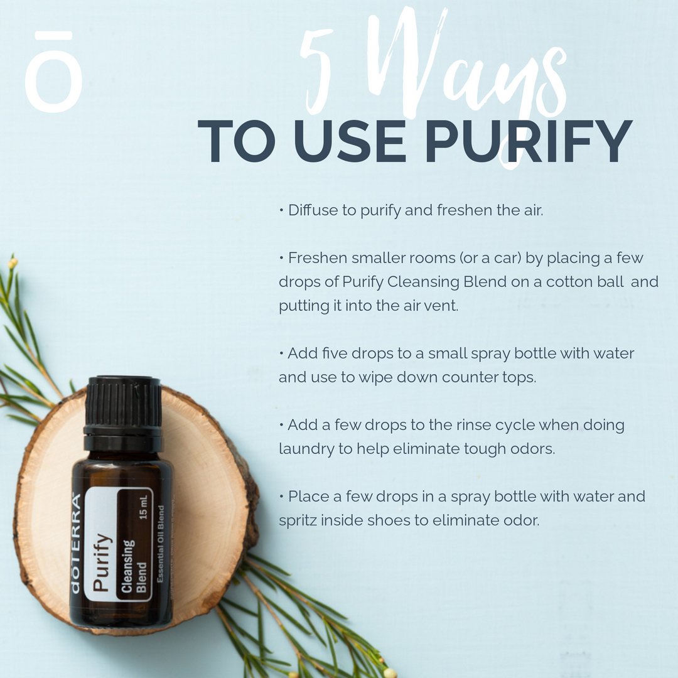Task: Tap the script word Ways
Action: point(452,69)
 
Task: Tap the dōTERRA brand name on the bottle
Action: point(75,543)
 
